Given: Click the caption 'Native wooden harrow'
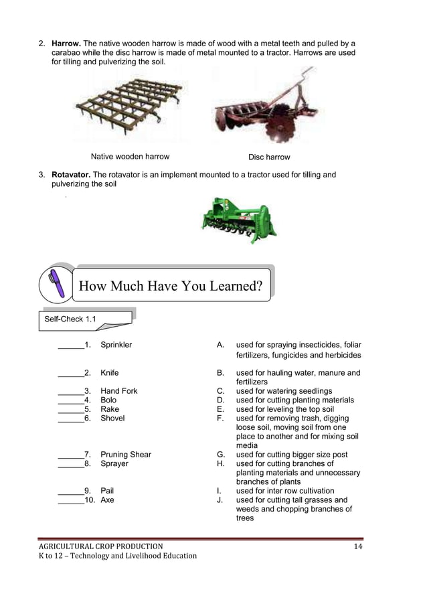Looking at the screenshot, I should click(x=130, y=157).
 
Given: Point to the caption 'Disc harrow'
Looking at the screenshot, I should click(x=269, y=157).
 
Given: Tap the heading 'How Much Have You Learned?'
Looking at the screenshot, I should click(x=170, y=287).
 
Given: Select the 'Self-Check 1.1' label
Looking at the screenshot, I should click(x=70, y=319).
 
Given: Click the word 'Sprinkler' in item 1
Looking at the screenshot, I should click(x=116, y=345).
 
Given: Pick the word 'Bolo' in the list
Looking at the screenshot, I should click(x=108, y=400).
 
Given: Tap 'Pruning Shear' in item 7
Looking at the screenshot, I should click(x=126, y=455).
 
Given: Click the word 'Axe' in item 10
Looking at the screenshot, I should click(x=107, y=500).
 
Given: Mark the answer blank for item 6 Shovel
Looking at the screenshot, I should click(x=70, y=419).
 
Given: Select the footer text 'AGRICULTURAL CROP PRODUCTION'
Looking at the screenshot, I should click(x=100, y=546).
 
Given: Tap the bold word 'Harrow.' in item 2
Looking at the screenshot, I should click(x=66, y=44).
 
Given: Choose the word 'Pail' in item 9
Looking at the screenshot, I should click(x=107, y=491).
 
